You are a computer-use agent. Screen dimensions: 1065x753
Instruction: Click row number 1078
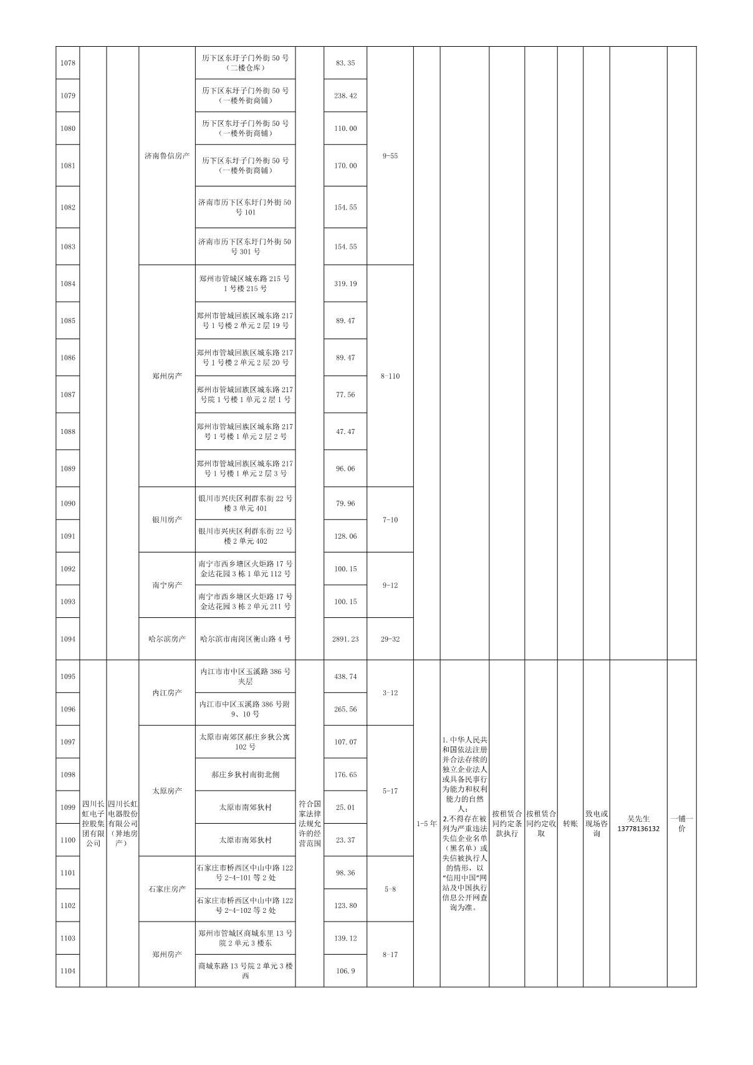(68, 63)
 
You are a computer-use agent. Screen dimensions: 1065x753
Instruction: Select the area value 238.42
(345, 96)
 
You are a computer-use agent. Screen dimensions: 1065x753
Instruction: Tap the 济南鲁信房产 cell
(167, 156)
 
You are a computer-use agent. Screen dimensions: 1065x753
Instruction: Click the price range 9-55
(390, 156)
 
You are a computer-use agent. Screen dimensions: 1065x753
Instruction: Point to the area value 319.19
(345, 284)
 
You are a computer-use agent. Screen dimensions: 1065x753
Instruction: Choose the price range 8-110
(390, 376)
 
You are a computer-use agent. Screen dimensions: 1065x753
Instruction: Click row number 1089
(68, 468)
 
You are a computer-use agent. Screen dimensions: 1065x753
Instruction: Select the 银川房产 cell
(167, 519)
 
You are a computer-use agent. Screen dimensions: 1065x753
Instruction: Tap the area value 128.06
(345, 536)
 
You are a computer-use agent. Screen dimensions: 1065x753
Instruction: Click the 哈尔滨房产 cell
(167, 639)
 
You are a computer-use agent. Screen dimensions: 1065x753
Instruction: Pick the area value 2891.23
(345, 639)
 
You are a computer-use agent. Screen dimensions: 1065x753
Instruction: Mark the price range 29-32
(390, 639)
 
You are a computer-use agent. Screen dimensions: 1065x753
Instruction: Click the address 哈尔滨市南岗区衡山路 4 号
(245, 639)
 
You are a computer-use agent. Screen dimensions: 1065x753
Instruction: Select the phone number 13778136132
(638, 829)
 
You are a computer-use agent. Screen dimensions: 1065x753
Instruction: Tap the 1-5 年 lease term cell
(427, 823)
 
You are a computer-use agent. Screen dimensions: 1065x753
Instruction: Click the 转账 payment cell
(570, 823)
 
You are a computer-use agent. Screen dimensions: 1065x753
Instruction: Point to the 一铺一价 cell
(681, 823)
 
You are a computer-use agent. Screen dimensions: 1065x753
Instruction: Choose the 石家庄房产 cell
(167, 889)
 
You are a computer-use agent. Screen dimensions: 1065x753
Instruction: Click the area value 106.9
(345, 971)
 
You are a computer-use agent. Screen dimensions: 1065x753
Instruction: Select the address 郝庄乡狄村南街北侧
(245, 774)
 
